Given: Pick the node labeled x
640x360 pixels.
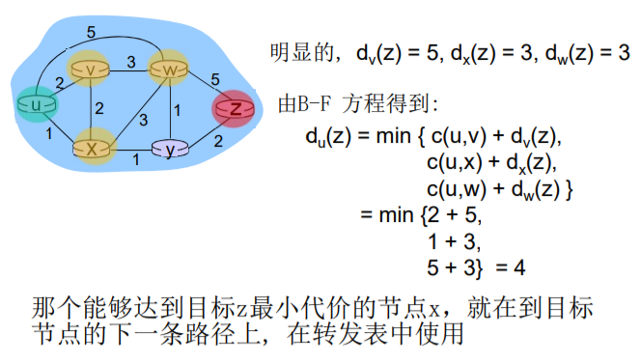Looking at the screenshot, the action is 93,149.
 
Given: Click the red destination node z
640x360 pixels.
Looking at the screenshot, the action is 236,109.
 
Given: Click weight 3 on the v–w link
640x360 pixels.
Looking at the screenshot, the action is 131,60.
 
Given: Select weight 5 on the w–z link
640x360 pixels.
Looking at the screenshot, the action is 216,77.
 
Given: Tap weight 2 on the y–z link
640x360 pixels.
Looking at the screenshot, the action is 217,141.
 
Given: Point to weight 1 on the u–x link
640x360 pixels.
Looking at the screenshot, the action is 50,132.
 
